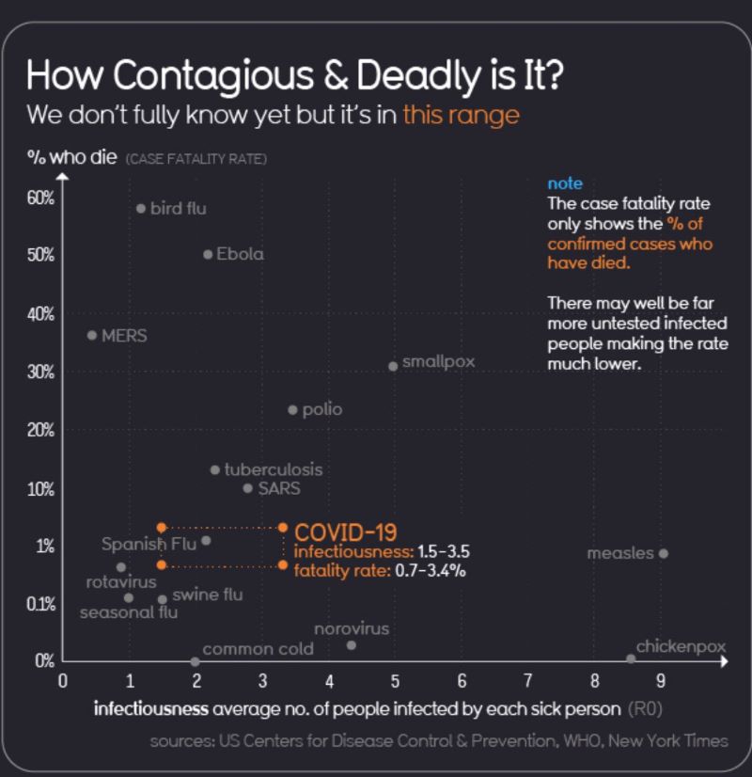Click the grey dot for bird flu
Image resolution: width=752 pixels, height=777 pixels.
click(141, 208)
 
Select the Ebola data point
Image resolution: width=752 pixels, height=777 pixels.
click(208, 254)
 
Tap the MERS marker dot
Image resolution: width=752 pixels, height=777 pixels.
click(91, 335)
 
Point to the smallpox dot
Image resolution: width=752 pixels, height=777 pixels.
click(393, 366)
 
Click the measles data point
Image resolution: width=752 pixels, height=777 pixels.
click(663, 553)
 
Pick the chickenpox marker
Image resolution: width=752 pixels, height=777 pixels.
click(631, 659)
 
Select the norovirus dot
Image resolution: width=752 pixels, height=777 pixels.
click(352, 644)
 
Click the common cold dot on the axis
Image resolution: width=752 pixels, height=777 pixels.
click(195, 661)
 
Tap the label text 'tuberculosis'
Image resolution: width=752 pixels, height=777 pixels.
click(273, 468)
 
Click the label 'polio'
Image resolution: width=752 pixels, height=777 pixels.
click(321, 409)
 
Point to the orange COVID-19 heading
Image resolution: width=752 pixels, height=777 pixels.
click(345, 532)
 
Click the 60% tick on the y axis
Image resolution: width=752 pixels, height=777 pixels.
click(42, 198)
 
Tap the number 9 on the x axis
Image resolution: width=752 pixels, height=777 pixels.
click(662, 680)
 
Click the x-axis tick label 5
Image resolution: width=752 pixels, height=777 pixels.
click(395, 680)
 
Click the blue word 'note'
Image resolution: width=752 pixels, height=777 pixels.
click(565, 183)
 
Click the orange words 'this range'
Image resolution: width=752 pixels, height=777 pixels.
click(461, 116)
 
